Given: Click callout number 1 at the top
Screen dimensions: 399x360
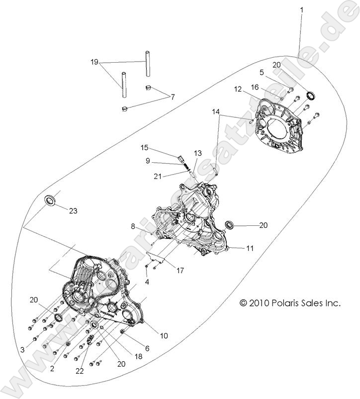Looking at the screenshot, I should coord(301,9).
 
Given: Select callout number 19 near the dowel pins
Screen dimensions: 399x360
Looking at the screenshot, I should coord(94,62).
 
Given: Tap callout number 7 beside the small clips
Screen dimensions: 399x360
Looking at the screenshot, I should coord(173,97).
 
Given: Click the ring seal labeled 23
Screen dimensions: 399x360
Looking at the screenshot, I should coord(51,200).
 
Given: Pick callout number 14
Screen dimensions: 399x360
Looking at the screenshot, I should coord(215,113).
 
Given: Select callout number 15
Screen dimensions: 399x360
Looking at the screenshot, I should coord(144,147).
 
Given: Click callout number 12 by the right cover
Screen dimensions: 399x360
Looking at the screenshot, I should coord(238,89).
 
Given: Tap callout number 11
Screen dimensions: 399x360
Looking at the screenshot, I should coord(250,247).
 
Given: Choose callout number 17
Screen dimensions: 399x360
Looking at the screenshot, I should coord(180,271).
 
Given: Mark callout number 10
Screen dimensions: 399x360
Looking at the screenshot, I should coord(164,336).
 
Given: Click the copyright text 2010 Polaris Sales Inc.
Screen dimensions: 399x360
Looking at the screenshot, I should coord(290,303).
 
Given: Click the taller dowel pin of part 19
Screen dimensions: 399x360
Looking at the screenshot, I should coord(148,63).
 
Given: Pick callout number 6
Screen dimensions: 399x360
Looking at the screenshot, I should coord(147,348).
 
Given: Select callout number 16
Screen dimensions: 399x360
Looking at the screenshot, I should coord(254,87).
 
